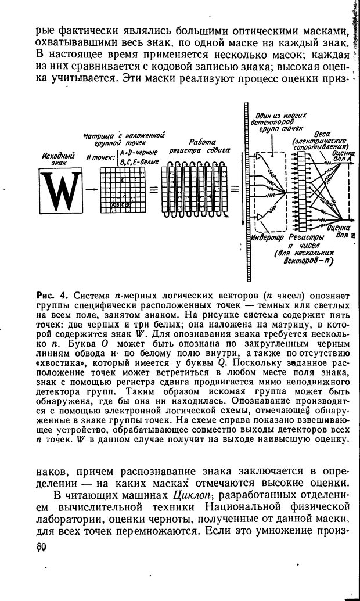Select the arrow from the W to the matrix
point(91,190)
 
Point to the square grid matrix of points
point(120,190)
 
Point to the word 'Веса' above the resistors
point(323,134)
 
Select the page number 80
point(41,548)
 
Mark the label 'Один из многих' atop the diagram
point(284,116)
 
